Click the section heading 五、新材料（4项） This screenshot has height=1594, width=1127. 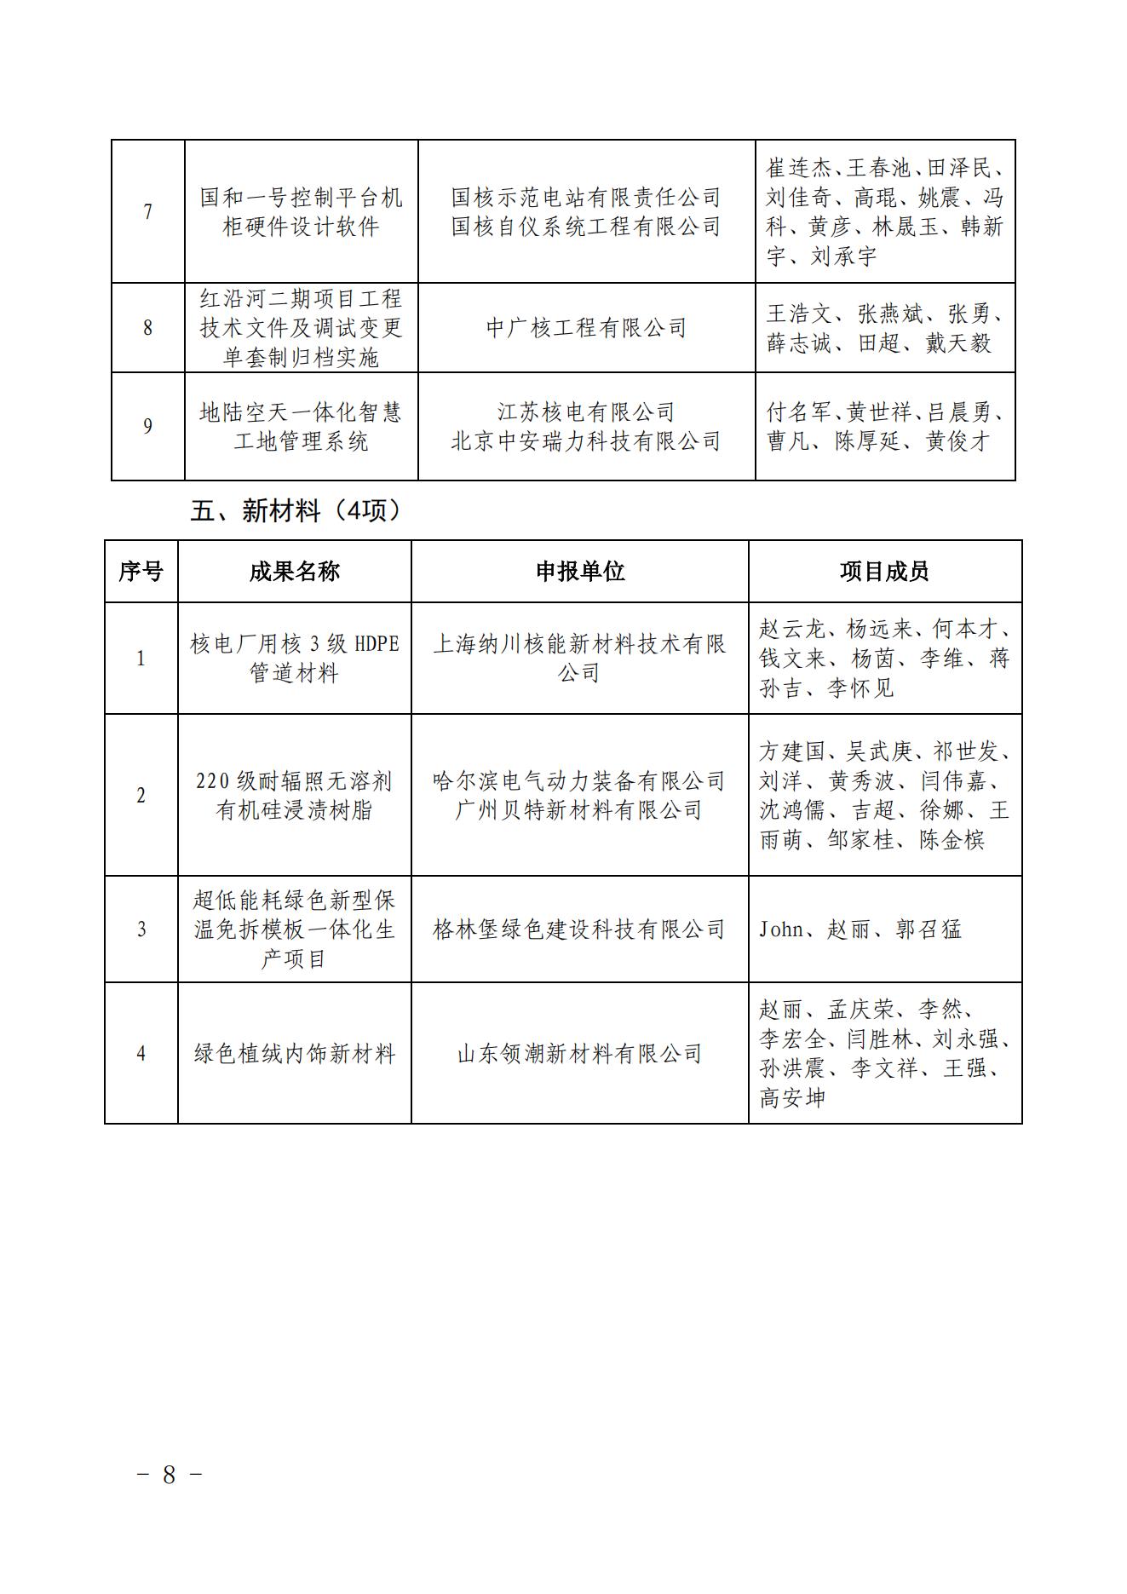pyautogui.click(x=296, y=511)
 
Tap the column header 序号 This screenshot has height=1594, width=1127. pyautogui.click(x=141, y=572)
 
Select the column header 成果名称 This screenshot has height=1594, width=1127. pyautogui.click(x=294, y=572)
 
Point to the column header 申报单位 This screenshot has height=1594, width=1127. pyautogui.click(x=579, y=572)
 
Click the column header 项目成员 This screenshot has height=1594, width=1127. pyautogui.click(x=884, y=572)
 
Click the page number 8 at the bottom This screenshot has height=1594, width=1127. pyautogui.click(x=169, y=1475)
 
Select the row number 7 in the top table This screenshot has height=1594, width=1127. pyautogui.click(x=148, y=211)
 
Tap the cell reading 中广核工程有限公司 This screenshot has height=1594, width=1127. pyautogui.click(x=586, y=328)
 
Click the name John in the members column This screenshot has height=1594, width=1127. pyautogui.click(x=780, y=929)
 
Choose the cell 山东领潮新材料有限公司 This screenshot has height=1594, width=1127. pyautogui.click(x=579, y=1054)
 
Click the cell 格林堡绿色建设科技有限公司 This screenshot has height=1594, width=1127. pyautogui.click(x=579, y=929)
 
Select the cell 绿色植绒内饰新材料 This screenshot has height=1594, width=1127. pyautogui.click(x=294, y=1054)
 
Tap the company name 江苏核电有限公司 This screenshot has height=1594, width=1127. pyautogui.click(x=586, y=412)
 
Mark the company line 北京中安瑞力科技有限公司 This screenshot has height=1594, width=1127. pyautogui.click(x=586, y=441)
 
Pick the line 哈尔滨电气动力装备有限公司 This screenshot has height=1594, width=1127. pyautogui.click(x=579, y=781)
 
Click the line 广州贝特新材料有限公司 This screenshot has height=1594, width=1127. pyautogui.click(x=579, y=810)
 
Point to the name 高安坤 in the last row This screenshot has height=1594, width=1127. pyautogui.click(x=792, y=1098)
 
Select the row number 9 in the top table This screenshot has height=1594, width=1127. pyautogui.click(x=148, y=426)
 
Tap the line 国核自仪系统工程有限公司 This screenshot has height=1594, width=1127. pyautogui.click(x=586, y=227)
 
